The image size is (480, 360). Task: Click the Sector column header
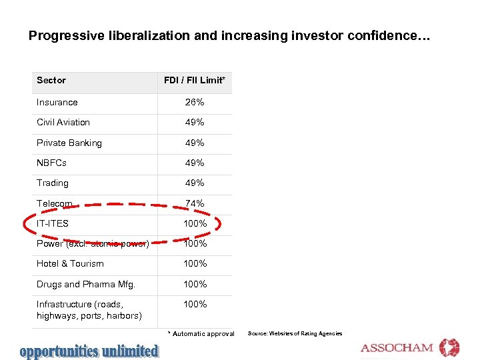51,81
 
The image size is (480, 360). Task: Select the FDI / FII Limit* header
195,81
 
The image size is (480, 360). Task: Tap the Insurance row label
57,102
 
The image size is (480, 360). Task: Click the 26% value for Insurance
195,102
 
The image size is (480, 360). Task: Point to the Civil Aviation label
63,122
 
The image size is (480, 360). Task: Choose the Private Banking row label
69,143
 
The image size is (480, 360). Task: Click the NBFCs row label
52,163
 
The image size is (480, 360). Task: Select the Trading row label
53,183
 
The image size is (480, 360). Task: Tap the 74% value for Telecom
195,203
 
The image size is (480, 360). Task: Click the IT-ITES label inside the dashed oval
53,223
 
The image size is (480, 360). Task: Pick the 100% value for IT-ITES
195,223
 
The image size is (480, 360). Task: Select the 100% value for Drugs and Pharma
195,284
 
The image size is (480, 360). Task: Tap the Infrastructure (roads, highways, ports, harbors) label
89,309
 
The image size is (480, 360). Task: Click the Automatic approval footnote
201,333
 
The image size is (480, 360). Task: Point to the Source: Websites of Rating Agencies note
295,333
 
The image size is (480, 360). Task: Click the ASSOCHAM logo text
397,348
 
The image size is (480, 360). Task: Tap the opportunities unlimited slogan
89,351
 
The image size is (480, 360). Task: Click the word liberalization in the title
150,35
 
